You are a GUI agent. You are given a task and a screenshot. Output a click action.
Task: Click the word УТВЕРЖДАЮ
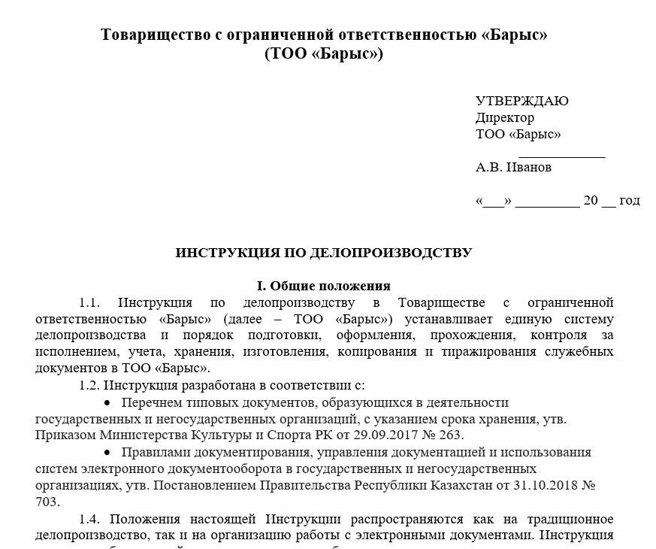click(521, 102)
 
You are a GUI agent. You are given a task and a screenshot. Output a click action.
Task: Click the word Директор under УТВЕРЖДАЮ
click(505, 118)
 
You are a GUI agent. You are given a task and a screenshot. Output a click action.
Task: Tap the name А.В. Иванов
click(513, 168)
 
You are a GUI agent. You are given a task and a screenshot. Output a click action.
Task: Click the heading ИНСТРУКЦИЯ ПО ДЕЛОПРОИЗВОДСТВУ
click(323, 253)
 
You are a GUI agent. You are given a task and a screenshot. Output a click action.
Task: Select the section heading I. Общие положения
click(323, 287)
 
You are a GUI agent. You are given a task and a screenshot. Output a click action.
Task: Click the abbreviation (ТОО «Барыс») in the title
click(324, 55)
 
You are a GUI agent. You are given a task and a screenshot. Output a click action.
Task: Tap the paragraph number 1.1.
click(89, 303)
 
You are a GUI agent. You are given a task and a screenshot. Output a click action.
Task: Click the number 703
click(47, 502)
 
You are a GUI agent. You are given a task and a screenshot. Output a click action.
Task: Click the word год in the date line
click(630, 201)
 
